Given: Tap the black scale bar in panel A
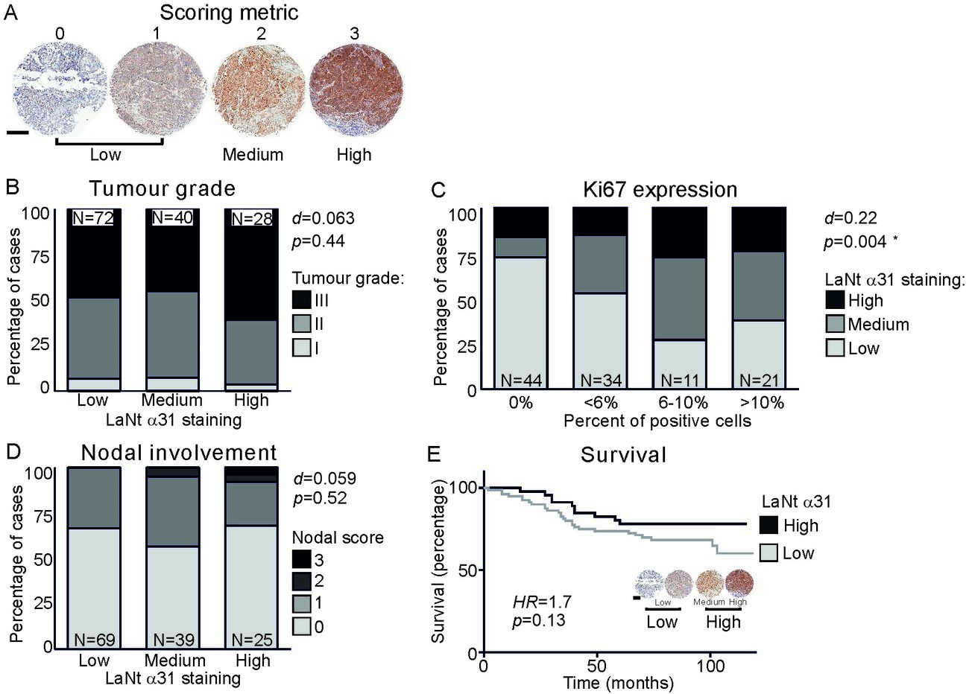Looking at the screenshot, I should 18,134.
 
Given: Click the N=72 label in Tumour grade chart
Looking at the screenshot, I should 92,219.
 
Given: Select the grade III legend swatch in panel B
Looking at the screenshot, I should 301,301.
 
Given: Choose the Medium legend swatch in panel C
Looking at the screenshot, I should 834,325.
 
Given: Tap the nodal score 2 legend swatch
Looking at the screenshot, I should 301,581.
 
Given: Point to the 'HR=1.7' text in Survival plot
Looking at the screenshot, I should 537,601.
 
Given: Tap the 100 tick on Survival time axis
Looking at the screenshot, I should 710,665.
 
